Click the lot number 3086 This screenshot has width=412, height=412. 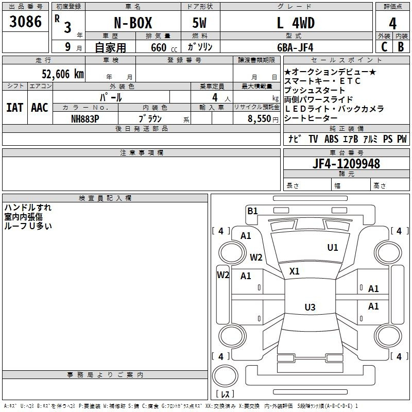pos(25,21)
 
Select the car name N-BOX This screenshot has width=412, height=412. pos(133,23)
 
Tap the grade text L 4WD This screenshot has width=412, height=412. pos(296,23)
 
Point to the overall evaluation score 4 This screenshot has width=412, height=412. pos(392,24)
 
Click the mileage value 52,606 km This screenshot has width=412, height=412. pos(63,74)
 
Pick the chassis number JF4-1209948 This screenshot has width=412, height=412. pos(346,163)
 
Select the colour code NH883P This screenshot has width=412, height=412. pos(85,119)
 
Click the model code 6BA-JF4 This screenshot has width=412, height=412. pos(295,47)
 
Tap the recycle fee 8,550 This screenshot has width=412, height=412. pos(260,119)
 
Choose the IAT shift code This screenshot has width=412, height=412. pos(15,108)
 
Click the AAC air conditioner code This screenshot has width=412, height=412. pos(40,108)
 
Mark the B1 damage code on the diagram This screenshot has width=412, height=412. pos(252,211)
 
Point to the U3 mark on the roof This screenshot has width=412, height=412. pos(310,307)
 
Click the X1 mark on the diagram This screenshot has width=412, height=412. pos(294,271)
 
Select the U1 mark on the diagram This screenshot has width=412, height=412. pos(332,248)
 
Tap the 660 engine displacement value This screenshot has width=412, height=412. pos(159,47)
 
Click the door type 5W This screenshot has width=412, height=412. pos(199,23)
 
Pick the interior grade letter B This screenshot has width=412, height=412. pos(401,47)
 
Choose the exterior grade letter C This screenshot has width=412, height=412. pos(384,47)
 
